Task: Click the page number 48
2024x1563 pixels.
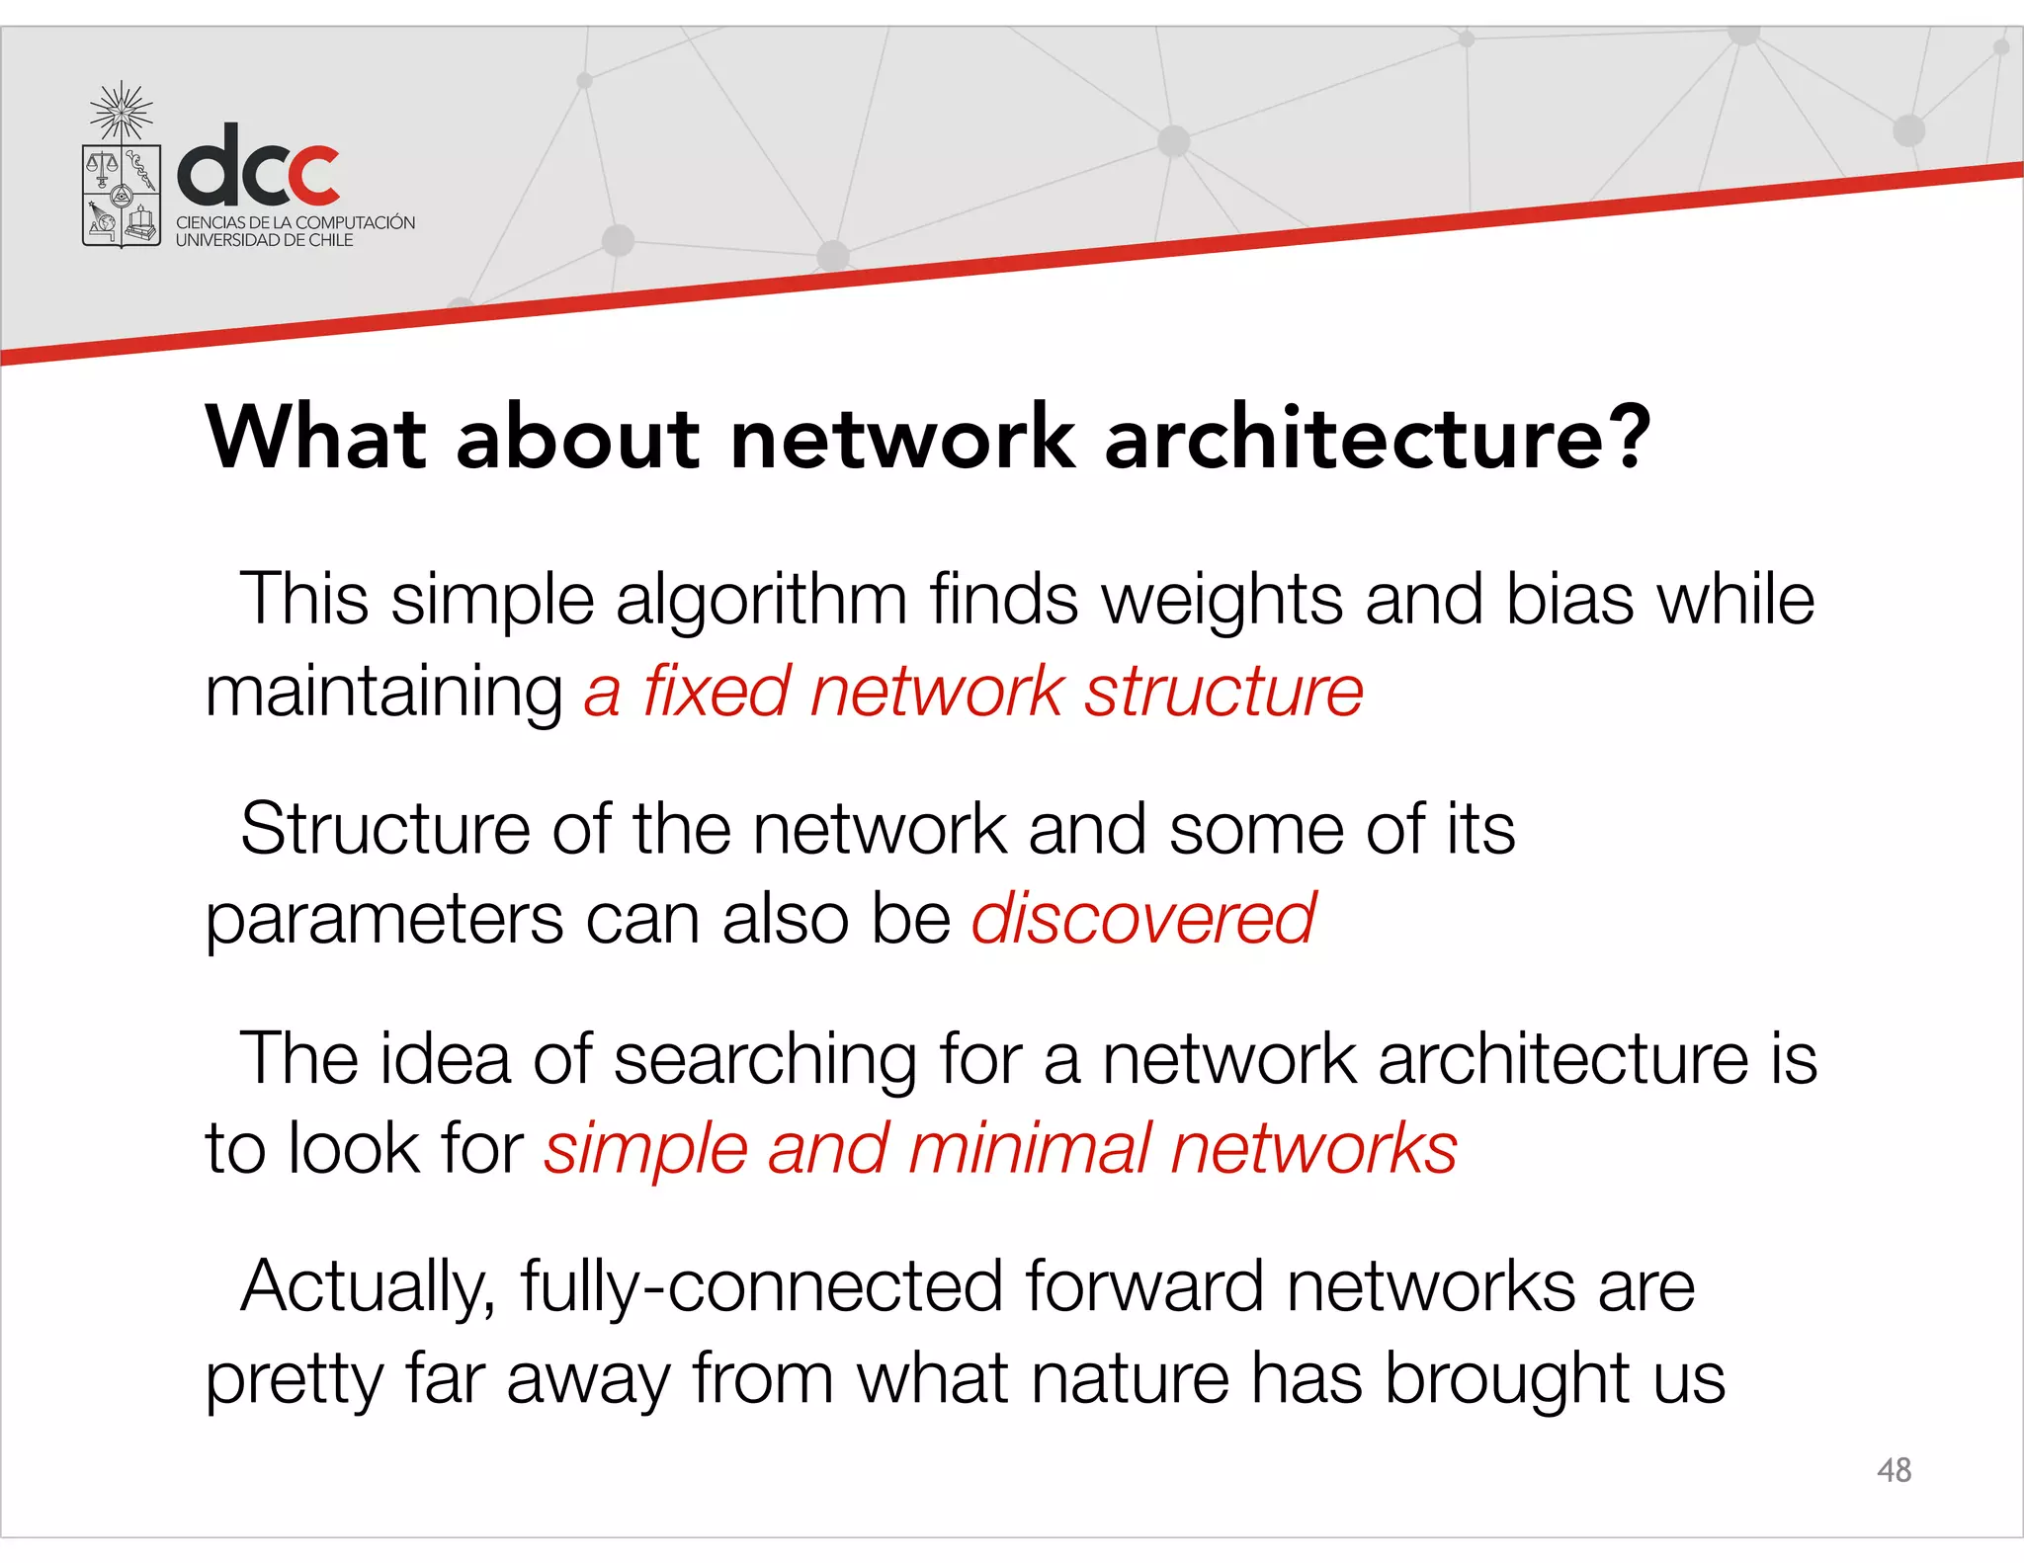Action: (x=1894, y=1470)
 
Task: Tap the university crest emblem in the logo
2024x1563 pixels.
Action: (x=122, y=170)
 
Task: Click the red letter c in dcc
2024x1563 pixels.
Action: (x=307, y=175)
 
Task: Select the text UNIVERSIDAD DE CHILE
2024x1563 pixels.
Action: (x=264, y=240)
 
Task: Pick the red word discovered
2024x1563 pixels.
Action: (x=1143, y=918)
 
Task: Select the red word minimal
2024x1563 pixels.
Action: (x=1029, y=1148)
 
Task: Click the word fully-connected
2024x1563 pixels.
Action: (x=761, y=1286)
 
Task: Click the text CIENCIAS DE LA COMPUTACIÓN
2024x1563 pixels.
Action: (x=295, y=222)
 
